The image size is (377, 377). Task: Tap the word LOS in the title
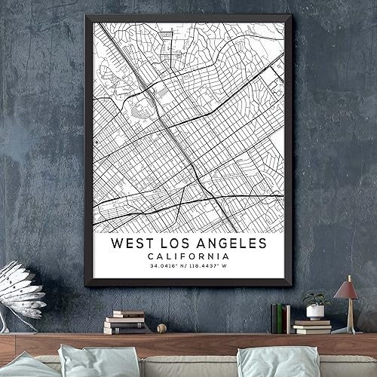tap(179, 244)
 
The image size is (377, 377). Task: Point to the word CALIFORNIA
tap(188, 256)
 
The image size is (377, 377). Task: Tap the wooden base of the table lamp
tap(348, 329)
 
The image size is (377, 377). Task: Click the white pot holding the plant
tap(315, 311)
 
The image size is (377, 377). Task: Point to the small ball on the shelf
tap(161, 329)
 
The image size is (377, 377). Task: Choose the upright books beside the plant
tap(280, 318)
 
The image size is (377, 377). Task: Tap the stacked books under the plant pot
tap(312, 326)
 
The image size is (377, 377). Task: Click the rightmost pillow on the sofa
tap(269, 362)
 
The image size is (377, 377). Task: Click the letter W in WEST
tap(117, 244)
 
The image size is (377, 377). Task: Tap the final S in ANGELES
tap(262, 244)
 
